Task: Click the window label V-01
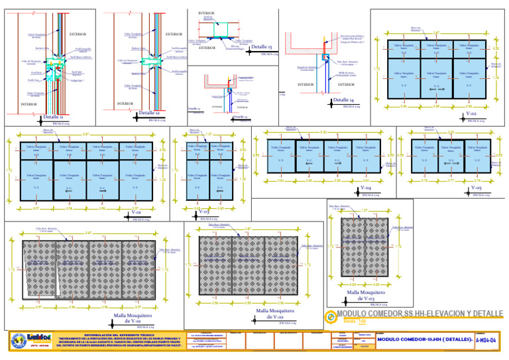(133, 212)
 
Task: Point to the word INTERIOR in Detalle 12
(126, 103)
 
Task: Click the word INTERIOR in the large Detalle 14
(306, 85)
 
